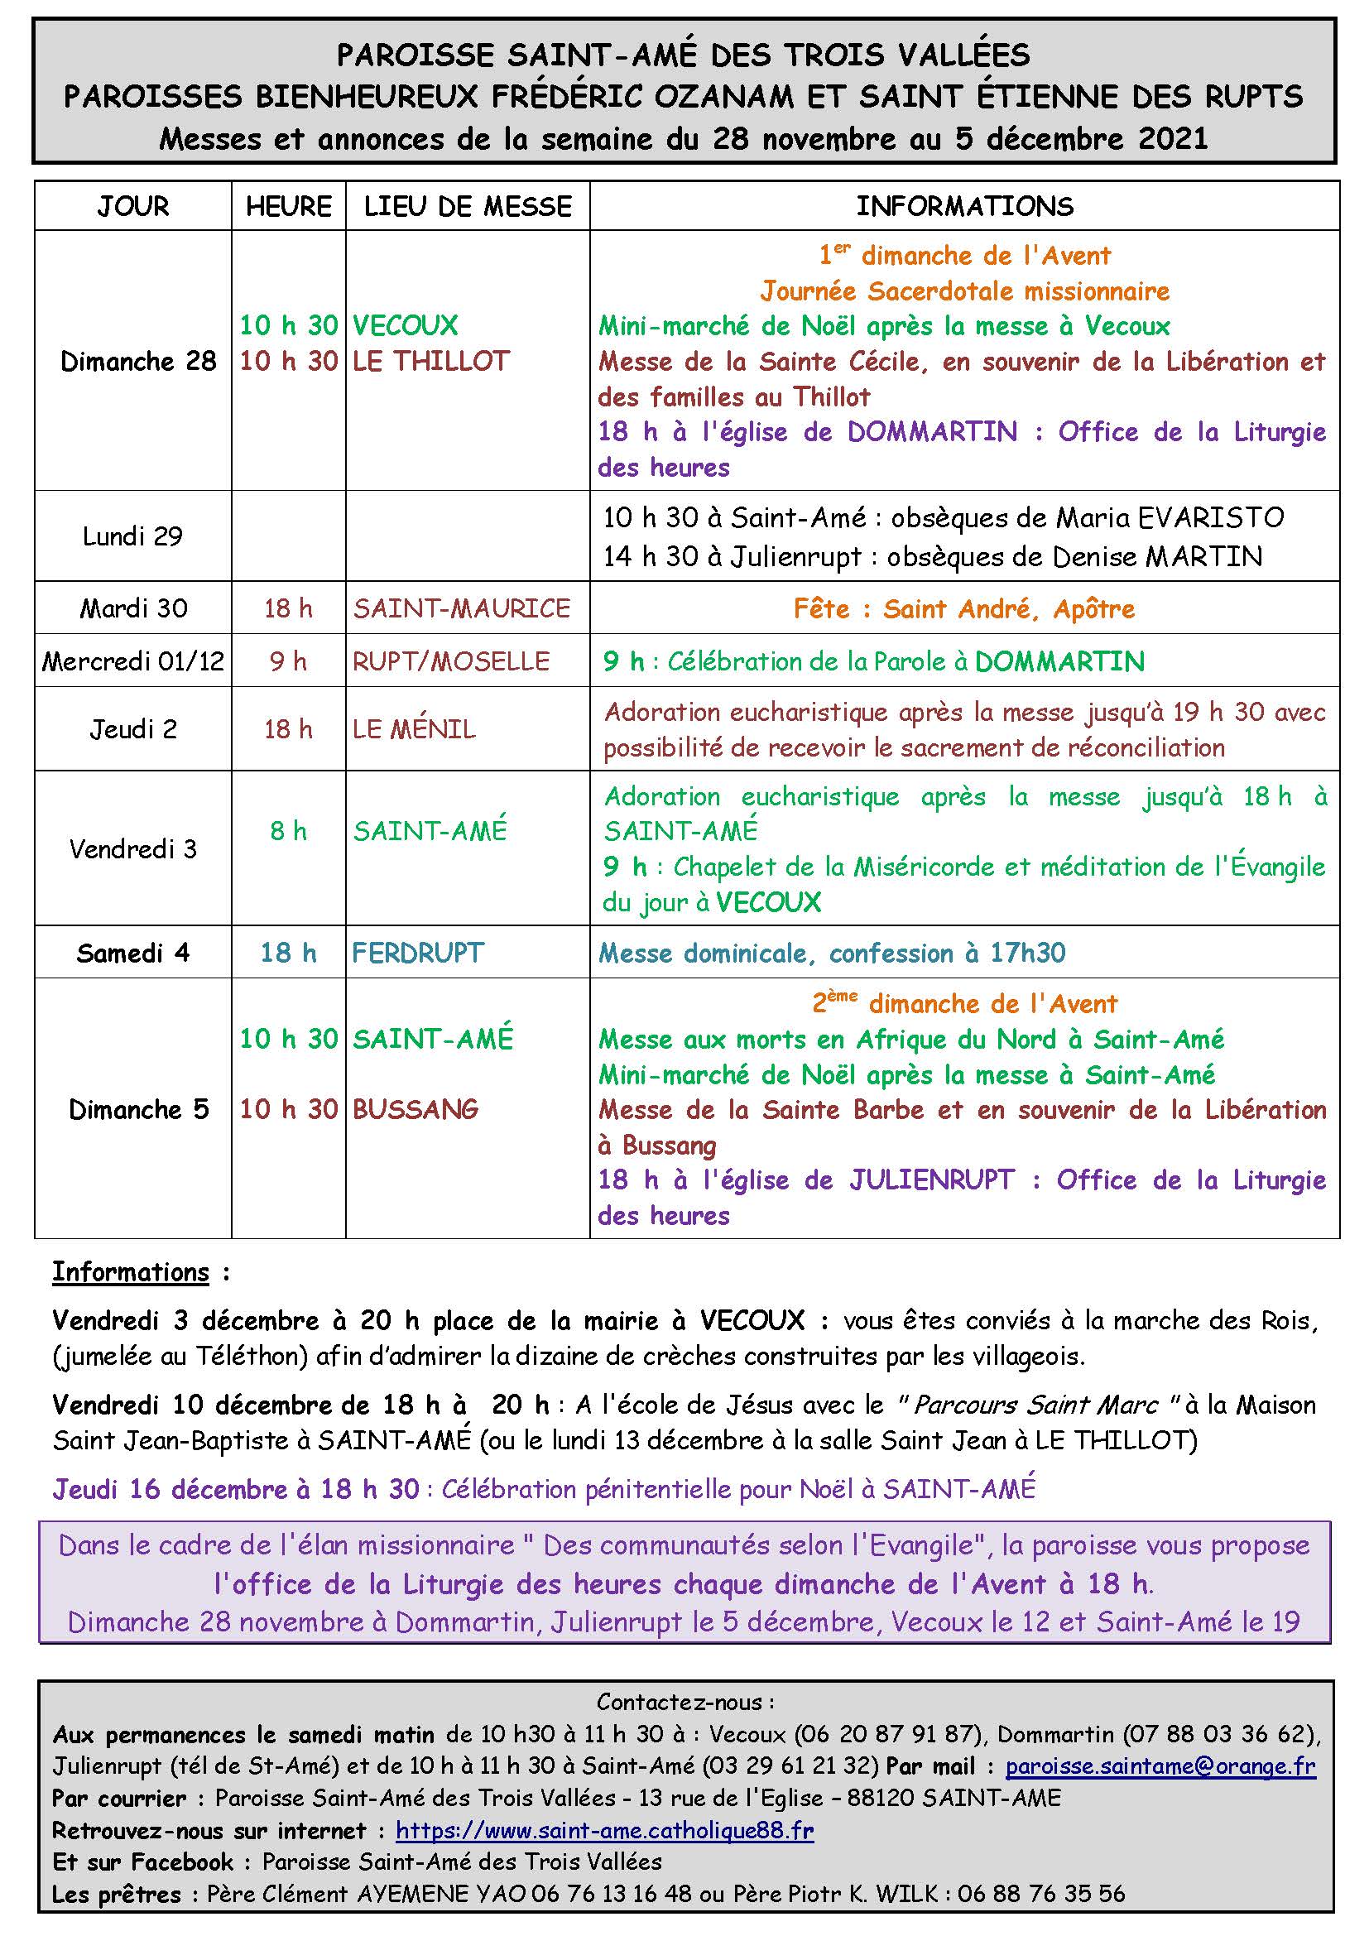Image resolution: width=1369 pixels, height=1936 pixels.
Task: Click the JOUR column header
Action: [133, 207]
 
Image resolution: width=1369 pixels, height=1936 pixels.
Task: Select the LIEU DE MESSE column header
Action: [467, 207]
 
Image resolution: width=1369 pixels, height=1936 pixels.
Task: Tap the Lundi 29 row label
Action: [133, 536]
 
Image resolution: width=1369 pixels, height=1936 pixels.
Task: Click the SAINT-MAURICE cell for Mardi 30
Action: [461, 609]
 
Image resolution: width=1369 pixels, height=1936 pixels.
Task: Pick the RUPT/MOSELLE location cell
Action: [451, 661]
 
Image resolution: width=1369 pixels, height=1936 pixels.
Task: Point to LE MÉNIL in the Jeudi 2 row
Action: [414, 729]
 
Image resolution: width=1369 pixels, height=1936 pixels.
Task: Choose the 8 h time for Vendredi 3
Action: [288, 831]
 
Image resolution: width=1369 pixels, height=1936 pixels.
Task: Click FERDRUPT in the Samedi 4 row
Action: [418, 954]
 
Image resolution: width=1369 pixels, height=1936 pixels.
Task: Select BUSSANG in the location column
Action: [416, 1110]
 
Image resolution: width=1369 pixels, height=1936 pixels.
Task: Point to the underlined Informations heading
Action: [131, 1272]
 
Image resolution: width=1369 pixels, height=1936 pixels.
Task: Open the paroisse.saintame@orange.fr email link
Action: [1160, 1765]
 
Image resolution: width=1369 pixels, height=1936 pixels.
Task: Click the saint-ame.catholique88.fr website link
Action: [604, 1831]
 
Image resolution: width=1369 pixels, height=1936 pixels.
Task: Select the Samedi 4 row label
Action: [133, 954]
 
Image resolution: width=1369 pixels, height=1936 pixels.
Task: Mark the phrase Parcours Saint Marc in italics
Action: [1036, 1405]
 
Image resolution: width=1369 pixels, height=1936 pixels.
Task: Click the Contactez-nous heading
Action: [684, 1703]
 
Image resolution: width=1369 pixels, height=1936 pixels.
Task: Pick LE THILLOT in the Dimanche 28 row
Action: [430, 362]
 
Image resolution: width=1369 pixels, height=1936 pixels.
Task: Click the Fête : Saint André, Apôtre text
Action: [964, 609]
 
